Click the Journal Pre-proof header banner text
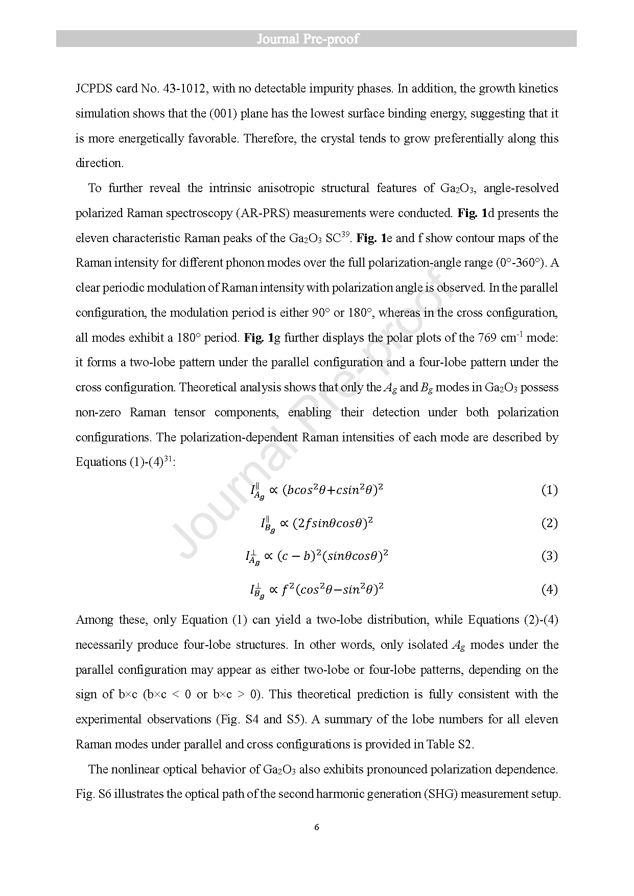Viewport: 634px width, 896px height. (308, 39)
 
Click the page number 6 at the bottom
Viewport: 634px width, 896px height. (317, 827)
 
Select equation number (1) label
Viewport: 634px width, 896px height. (549, 490)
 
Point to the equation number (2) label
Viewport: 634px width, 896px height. (549, 523)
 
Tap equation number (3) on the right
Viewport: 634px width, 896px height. (549, 556)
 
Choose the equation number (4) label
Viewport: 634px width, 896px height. (549, 590)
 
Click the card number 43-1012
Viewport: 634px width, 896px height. (184, 88)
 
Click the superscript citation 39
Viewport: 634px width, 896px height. (345, 234)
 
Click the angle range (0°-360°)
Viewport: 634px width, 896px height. (520, 263)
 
